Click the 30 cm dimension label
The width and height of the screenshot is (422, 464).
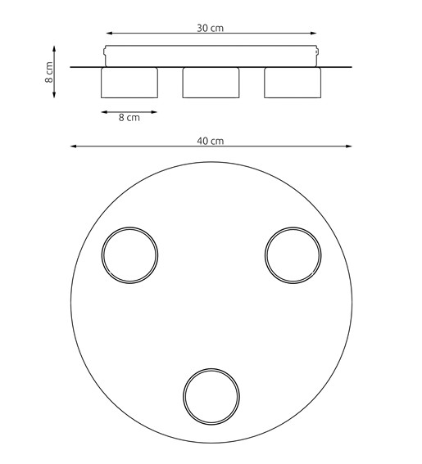[x=211, y=27]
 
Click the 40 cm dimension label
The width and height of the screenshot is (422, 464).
[x=211, y=141]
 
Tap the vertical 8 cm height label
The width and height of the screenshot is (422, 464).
[x=50, y=73]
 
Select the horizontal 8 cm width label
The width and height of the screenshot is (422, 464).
[x=129, y=118]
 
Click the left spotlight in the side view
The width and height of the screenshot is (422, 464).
[x=129, y=83]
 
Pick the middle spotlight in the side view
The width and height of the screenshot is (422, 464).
[x=211, y=83]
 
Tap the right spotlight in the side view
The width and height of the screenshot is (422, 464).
[x=292, y=83]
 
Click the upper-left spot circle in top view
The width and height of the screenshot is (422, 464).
[x=129, y=253]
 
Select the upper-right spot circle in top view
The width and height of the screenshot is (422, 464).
[x=293, y=253]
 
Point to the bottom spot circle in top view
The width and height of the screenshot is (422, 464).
[x=211, y=395]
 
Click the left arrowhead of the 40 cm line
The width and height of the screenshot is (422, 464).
[x=73, y=147]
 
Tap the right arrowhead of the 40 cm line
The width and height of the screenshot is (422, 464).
[x=349, y=147]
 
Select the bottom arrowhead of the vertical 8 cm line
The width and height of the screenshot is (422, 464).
[x=54, y=96]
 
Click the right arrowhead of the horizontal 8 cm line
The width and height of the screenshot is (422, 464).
[x=155, y=110]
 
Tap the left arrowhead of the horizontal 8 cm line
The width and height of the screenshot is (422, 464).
[x=102, y=110]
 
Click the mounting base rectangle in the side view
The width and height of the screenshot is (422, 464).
[x=211, y=56]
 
